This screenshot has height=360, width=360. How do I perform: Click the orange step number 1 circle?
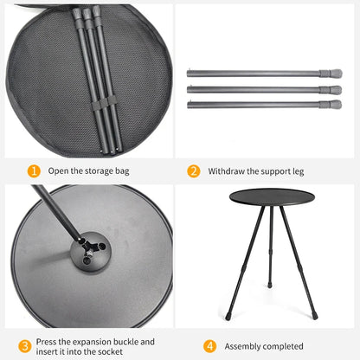click(x=34, y=171)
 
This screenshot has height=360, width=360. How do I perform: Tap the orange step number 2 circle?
click(x=194, y=171)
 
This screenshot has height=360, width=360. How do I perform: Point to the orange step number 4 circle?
click(x=209, y=346)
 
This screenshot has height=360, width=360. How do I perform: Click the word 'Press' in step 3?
click(x=49, y=341)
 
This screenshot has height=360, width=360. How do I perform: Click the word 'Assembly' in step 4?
click(x=245, y=346)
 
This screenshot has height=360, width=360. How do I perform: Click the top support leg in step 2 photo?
click(x=260, y=74)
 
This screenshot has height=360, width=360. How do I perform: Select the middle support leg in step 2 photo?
click(x=260, y=88)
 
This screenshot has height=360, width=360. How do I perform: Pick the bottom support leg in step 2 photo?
click(x=260, y=104)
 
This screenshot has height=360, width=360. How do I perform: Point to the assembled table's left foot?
click(x=228, y=317)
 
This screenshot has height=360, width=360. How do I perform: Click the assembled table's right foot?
click(x=314, y=317)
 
